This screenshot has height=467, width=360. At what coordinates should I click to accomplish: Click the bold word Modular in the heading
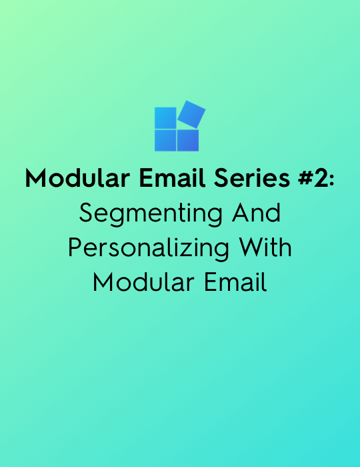coord(77,178)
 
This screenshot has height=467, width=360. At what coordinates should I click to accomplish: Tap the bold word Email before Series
coord(172,178)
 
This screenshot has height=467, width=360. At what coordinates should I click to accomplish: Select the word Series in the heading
coord(252,178)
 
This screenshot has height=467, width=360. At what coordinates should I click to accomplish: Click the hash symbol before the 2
coord(305,178)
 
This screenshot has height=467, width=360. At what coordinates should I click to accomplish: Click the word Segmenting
coord(151,214)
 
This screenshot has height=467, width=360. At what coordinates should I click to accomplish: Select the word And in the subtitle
coord(256,213)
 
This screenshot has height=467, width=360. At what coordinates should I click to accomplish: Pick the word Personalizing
coord(149,249)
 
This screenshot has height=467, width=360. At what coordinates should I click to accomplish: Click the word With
coord(265,248)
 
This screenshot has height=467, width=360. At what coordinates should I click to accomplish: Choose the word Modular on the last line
coord(144,282)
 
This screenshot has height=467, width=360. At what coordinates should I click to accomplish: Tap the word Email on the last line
coord(235,282)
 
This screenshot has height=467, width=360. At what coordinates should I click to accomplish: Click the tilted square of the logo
coord(191,114)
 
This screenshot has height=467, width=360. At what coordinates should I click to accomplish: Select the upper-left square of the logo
coord(165,118)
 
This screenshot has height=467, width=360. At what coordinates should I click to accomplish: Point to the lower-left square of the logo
coord(165,140)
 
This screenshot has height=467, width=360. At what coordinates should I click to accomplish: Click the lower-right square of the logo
coord(188,140)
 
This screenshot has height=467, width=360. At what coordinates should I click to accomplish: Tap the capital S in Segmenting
coord(86,213)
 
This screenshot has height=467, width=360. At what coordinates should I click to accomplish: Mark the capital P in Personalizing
coord(75,248)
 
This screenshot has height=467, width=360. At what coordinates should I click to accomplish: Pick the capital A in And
coord(241,213)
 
